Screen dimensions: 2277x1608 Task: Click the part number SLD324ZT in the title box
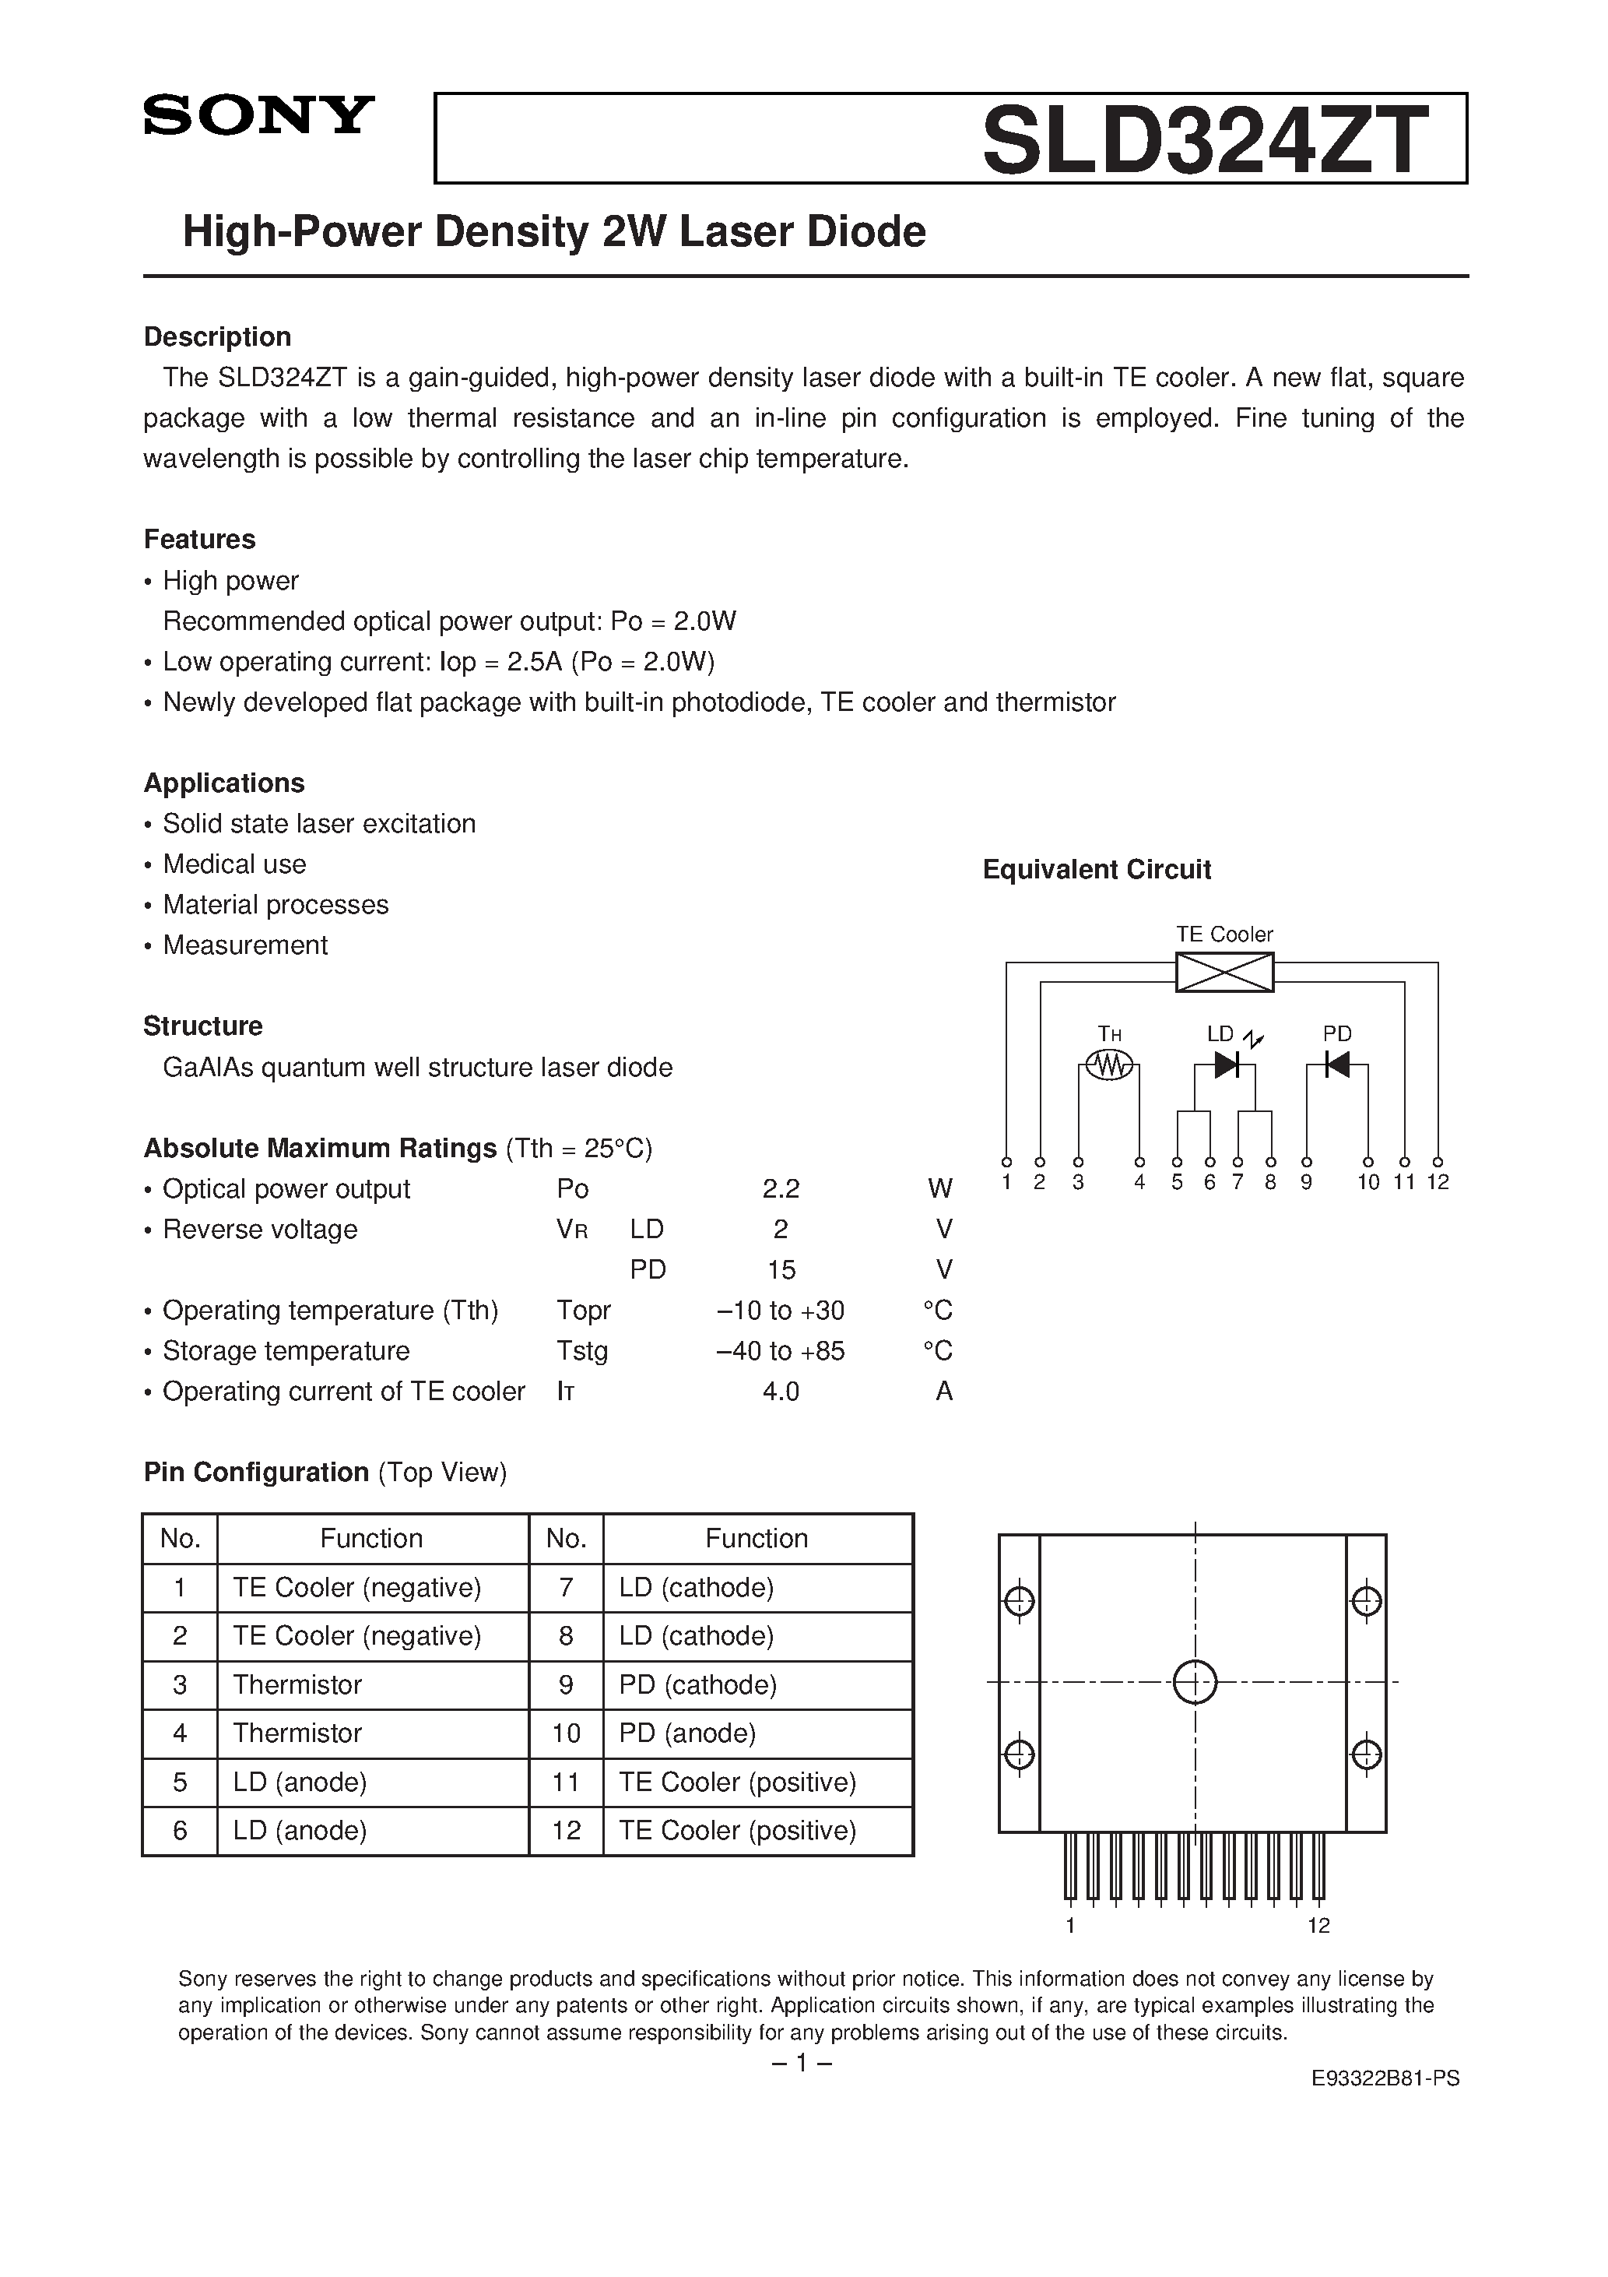(x=1205, y=141)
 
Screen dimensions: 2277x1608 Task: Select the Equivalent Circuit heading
(x=1097, y=870)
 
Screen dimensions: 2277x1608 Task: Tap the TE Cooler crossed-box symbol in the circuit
(x=1224, y=972)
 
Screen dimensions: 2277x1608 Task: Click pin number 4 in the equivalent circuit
(x=1140, y=1182)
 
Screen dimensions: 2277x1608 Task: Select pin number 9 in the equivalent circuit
(x=1307, y=1182)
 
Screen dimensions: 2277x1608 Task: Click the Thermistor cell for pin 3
(x=297, y=1685)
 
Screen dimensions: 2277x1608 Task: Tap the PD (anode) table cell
(x=687, y=1733)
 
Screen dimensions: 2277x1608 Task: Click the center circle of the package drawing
(x=1195, y=1682)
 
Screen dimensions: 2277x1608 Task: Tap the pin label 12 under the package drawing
(x=1318, y=1925)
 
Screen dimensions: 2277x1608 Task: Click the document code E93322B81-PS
(x=1385, y=2078)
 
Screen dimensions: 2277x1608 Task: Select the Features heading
(x=199, y=540)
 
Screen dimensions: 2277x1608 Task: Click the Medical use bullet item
(x=234, y=864)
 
